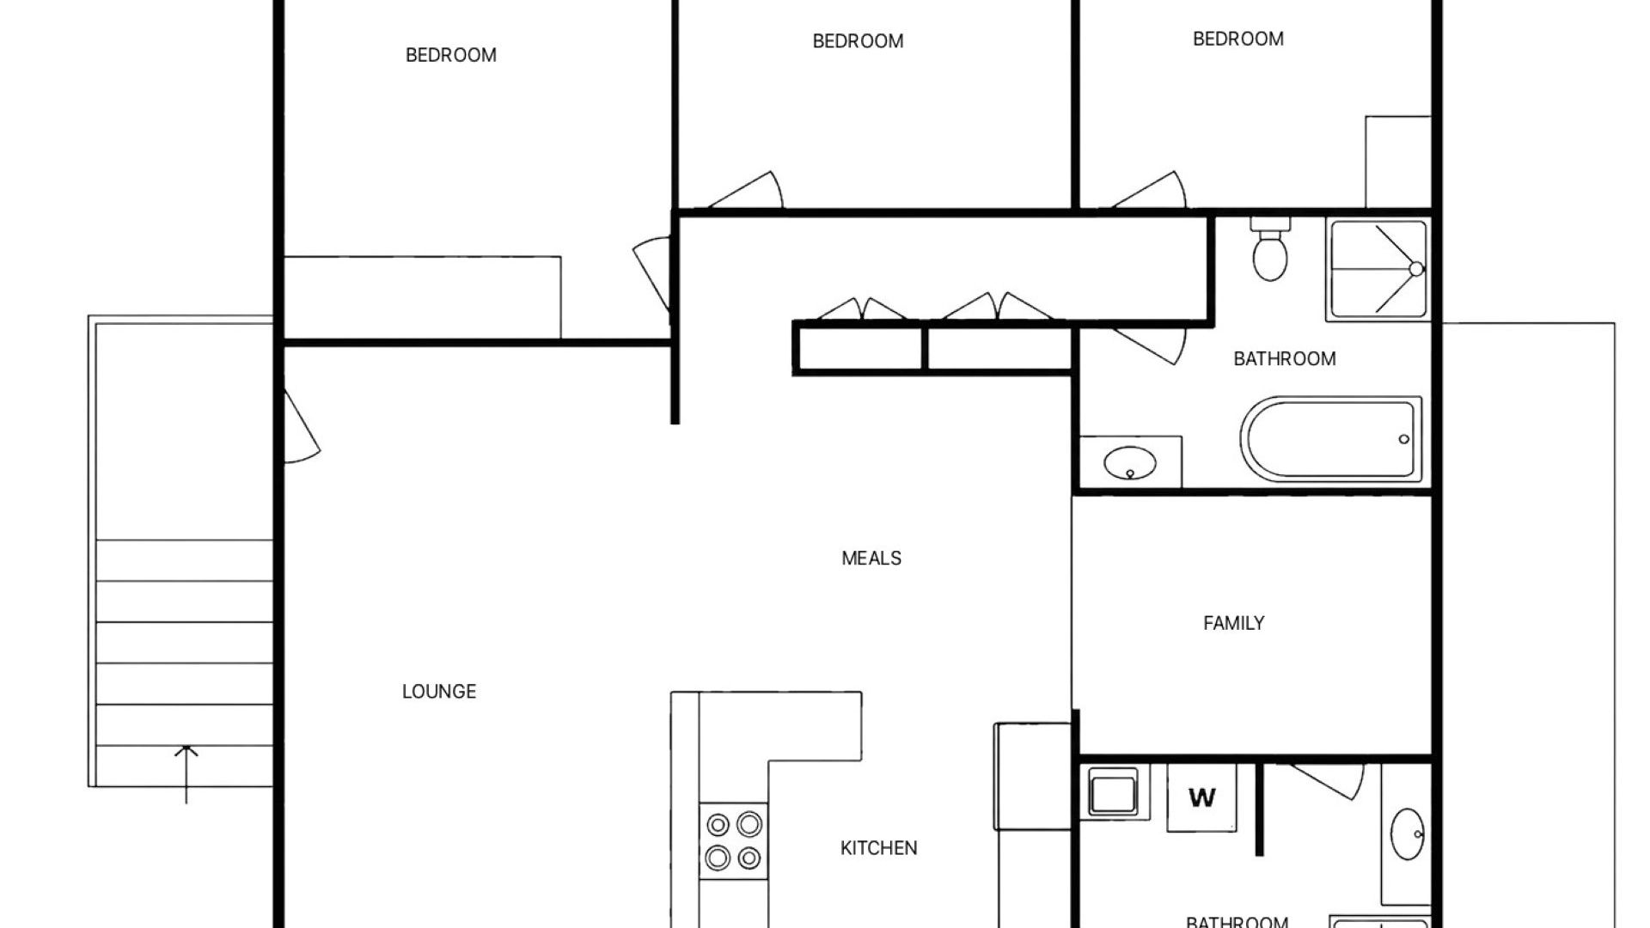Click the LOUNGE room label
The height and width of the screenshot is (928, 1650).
(439, 692)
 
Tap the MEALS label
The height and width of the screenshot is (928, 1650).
(871, 559)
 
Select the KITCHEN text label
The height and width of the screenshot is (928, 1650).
(878, 848)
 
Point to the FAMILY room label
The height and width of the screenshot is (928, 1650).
(1233, 623)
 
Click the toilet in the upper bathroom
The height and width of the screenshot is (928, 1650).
(1270, 249)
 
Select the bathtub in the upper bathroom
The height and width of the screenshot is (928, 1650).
(1330, 439)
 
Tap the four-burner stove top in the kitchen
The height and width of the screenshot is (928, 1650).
(734, 840)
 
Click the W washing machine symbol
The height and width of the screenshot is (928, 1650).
(1201, 797)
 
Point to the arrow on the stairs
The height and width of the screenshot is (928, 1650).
(186, 773)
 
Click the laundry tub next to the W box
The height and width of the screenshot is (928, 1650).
(1113, 791)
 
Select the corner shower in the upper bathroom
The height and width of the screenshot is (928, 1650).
(1378, 270)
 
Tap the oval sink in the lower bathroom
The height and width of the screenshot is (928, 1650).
(1408, 833)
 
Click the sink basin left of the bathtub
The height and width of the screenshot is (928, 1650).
(1129, 464)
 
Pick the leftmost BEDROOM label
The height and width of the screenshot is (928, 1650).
(450, 55)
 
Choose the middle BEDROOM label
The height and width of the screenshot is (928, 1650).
(858, 41)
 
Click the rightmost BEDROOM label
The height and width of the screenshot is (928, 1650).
(1237, 39)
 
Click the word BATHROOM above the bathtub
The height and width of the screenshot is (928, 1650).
(1285, 359)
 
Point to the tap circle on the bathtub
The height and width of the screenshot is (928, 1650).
(1404, 439)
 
